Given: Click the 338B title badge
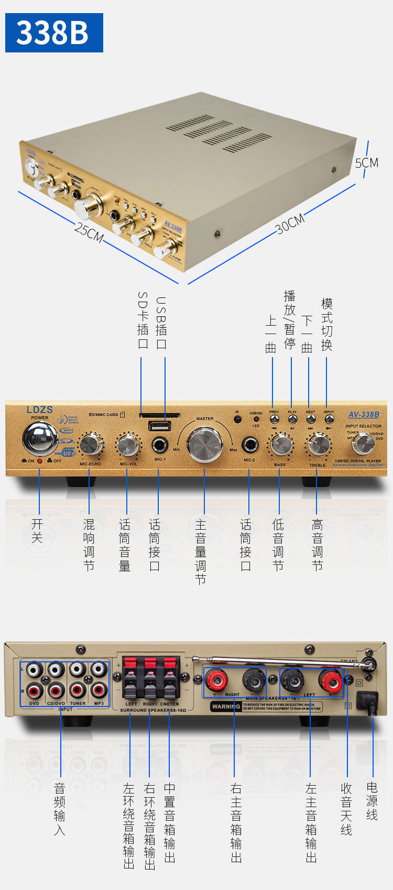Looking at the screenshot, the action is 54,33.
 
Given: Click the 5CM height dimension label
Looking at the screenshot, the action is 366,163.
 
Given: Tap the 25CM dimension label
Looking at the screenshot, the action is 89,231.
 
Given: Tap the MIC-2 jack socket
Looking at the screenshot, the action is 249,445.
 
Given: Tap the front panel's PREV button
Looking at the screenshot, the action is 274,419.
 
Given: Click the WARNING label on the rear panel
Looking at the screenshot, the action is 226,706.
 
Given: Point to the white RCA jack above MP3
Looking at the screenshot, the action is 98,670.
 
